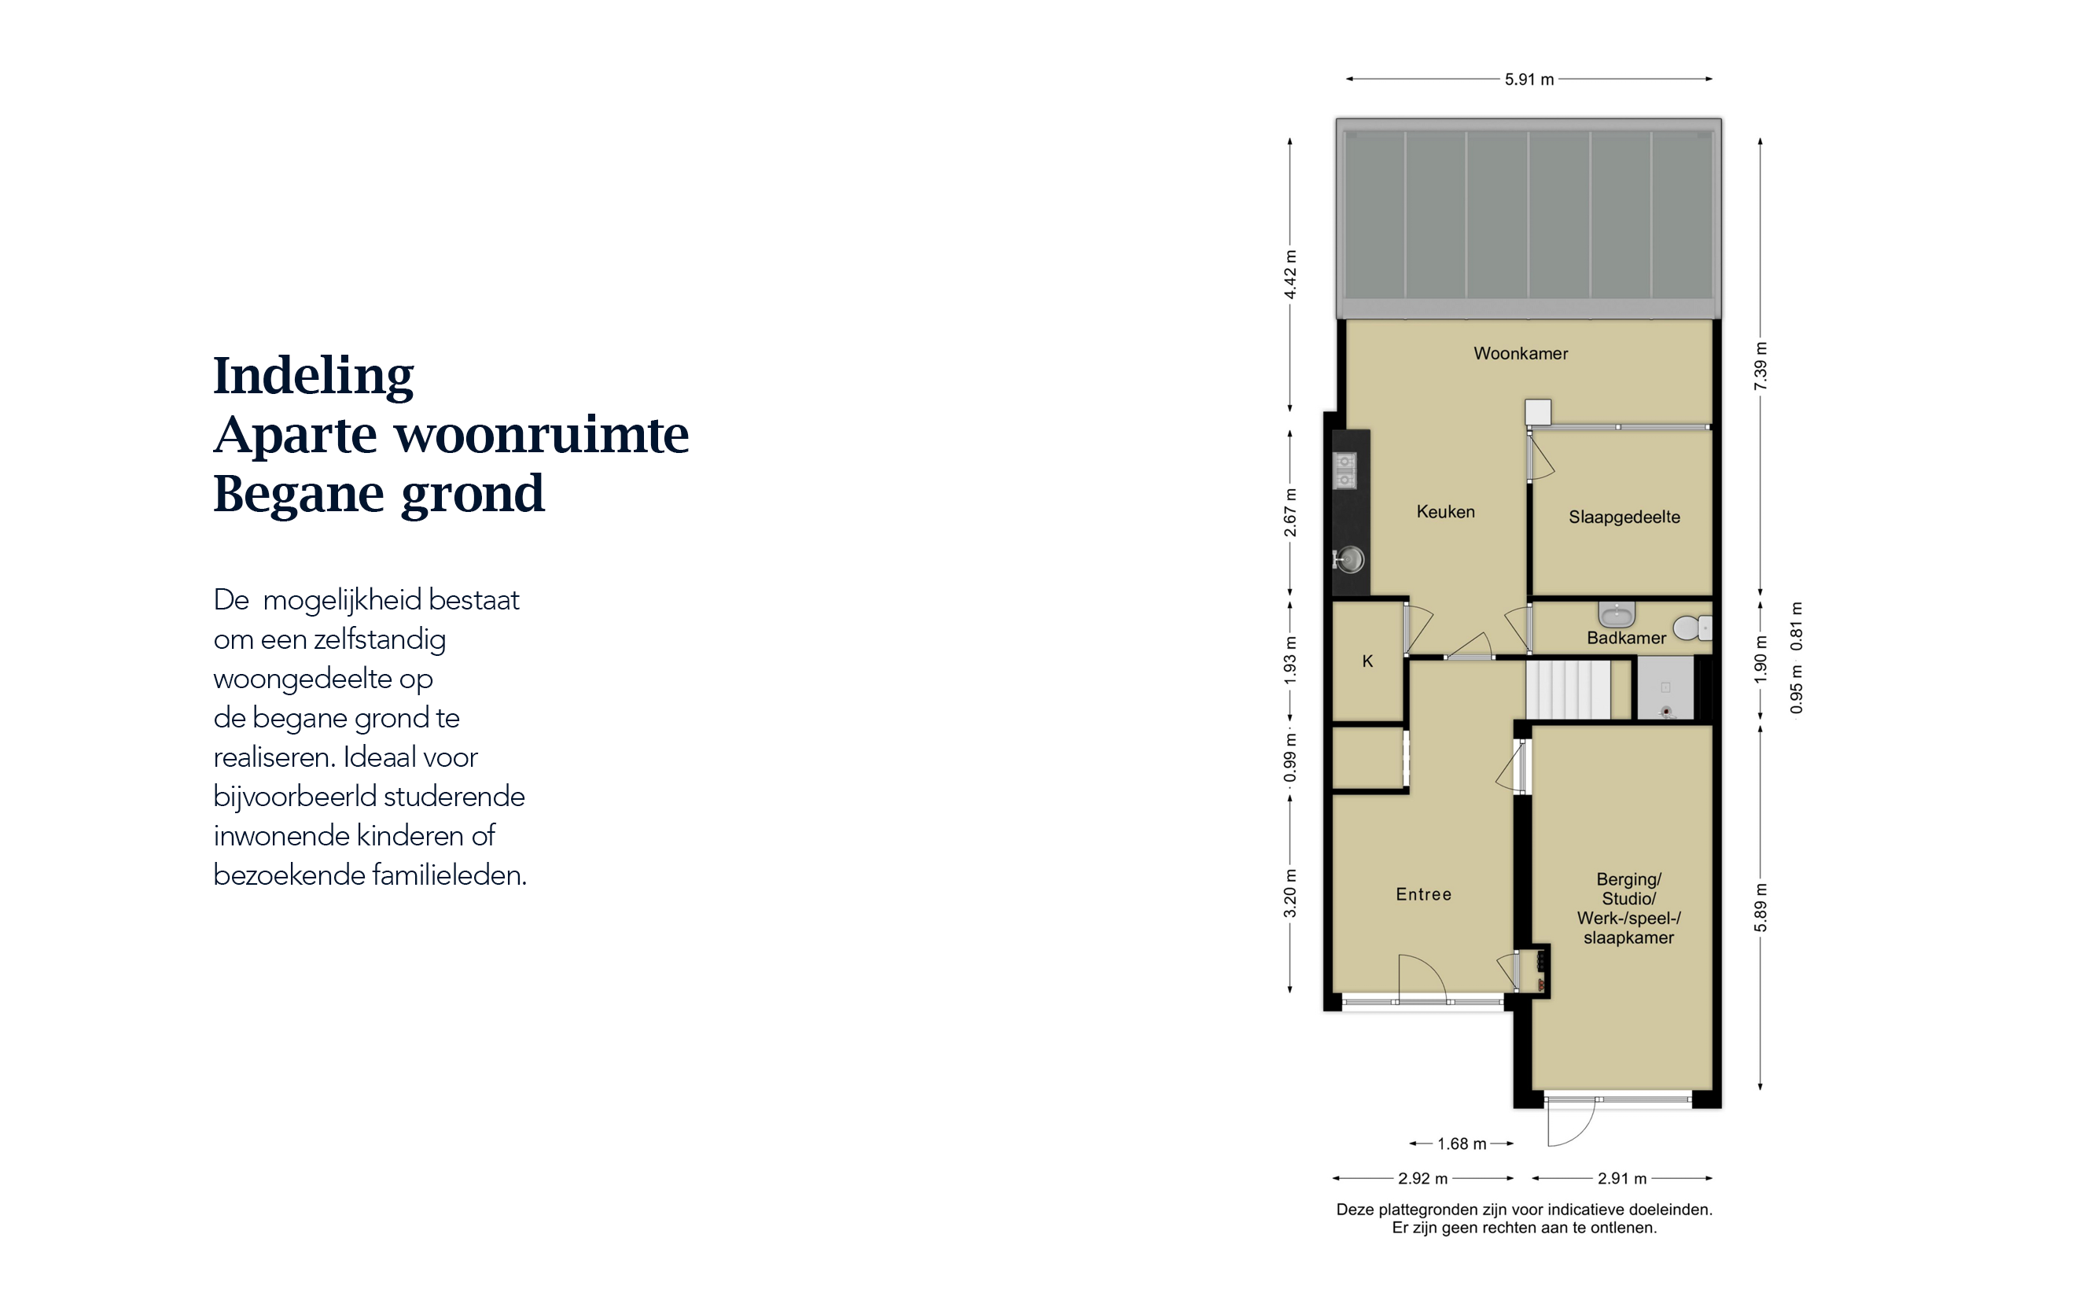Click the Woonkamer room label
point(1521,353)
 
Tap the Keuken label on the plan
point(1445,511)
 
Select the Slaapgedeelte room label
point(1624,517)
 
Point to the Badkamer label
point(1626,638)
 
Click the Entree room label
point(1423,894)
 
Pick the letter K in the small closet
point(1367,661)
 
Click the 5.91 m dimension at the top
point(1529,79)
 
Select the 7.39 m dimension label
point(1760,365)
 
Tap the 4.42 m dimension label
point(1290,274)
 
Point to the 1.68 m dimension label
point(1462,1143)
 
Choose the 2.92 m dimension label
point(1422,1178)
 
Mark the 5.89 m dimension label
point(1760,908)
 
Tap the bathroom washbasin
point(1616,614)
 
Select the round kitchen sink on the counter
point(1349,559)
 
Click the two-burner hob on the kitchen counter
point(1345,471)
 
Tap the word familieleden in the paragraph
point(449,875)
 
